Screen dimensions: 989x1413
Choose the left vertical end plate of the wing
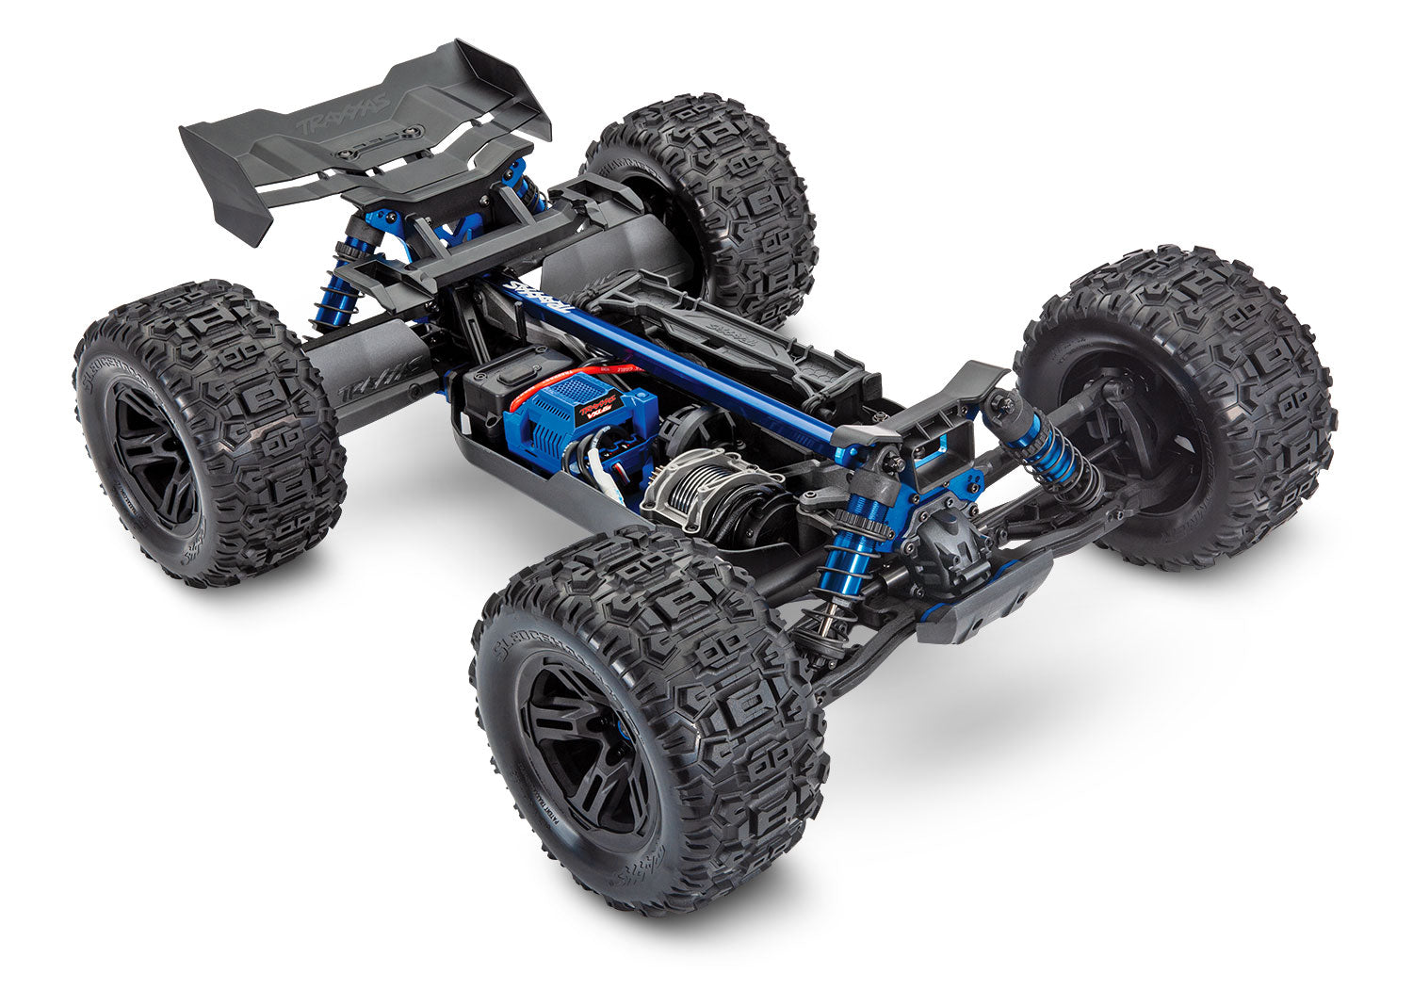221,179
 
